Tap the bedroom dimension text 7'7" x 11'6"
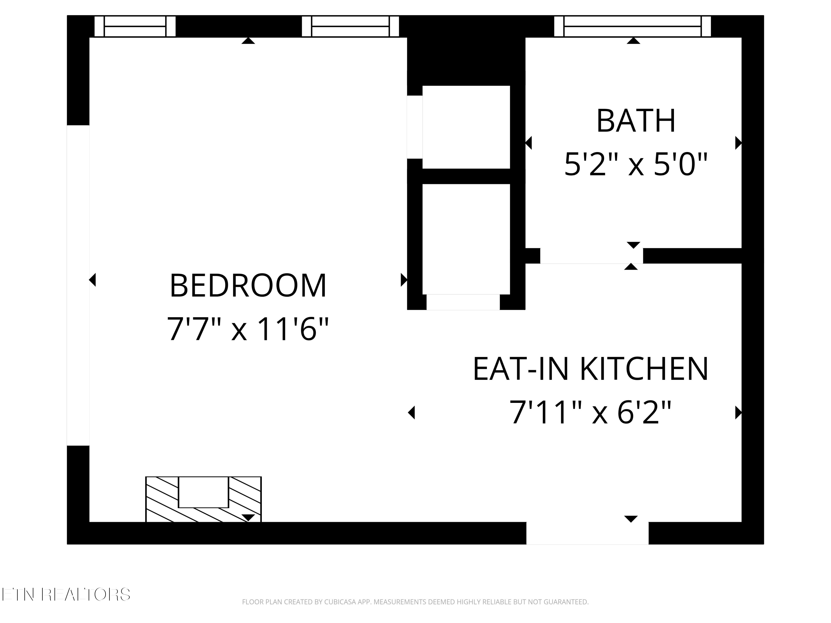(x=248, y=329)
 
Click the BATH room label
(x=636, y=121)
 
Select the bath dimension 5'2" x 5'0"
(x=636, y=164)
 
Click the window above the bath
(x=632, y=26)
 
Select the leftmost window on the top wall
(x=135, y=26)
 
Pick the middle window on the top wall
(x=350, y=26)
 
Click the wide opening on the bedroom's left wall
(x=78, y=285)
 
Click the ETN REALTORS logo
(x=66, y=594)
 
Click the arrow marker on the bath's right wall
(x=738, y=143)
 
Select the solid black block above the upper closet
(x=466, y=60)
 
